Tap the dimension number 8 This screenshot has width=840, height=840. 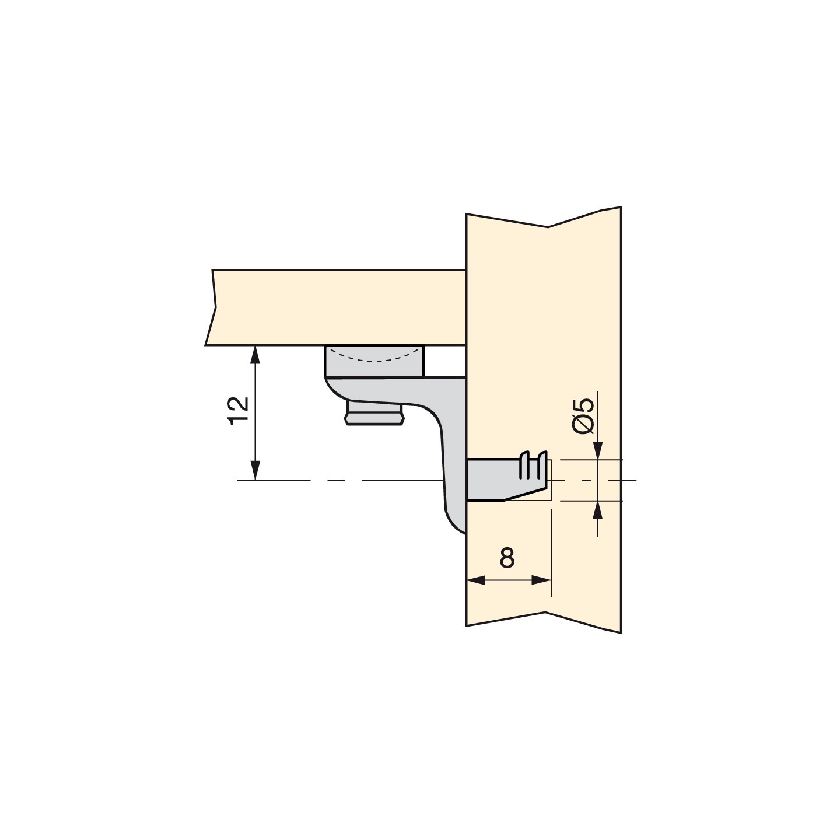click(506, 558)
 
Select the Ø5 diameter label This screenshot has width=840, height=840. click(584, 416)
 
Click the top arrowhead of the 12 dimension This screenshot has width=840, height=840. click(256, 355)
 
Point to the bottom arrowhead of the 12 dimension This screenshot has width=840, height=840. click(256, 470)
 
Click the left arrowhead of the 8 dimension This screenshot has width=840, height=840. click(476, 580)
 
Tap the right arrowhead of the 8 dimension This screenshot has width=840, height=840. click(542, 580)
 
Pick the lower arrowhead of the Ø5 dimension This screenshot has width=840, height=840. click(598, 510)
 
